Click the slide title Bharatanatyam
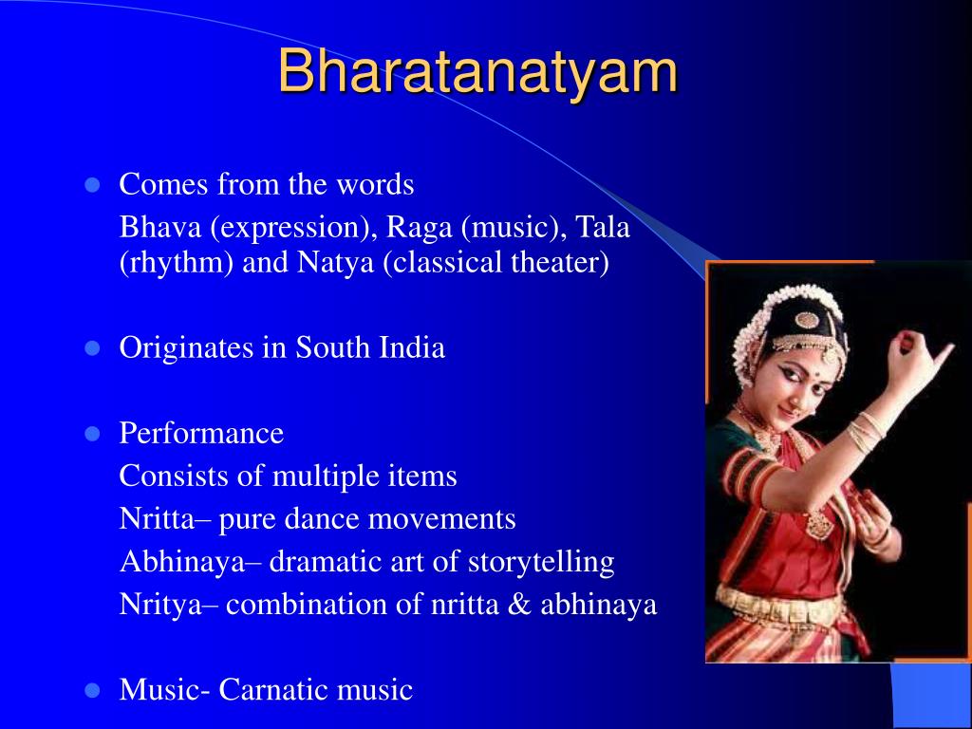pyautogui.click(x=477, y=73)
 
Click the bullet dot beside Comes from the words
pyautogui.click(x=92, y=185)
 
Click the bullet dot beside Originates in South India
pyautogui.click(x=92, y=348)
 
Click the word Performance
pyautogui.click(x=201, y=434)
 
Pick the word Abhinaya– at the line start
pyautogui.click(x=191, y=562)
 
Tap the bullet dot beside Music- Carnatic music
pyautogui.click(x=92, y=690)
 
